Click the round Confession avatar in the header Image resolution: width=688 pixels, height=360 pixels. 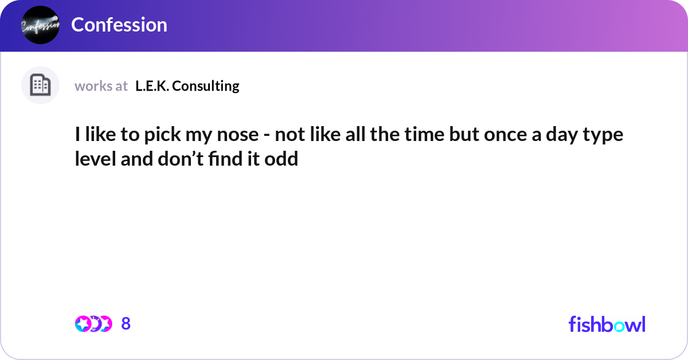[x=40, y=25]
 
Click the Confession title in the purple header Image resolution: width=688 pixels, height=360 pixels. [x=119, y=25]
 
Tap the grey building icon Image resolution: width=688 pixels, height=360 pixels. [x=40, y=85]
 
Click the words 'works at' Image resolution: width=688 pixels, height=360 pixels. [x=101, y=86]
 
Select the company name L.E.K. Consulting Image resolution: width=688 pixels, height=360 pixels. [x=187, y=86]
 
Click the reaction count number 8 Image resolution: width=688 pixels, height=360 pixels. [x=126, y=324]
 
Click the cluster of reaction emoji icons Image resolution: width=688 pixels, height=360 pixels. [x=93, y=324]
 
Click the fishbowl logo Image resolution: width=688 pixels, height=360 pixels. [x=607, y=324]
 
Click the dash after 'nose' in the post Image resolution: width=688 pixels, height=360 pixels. [x=269, y=138]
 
